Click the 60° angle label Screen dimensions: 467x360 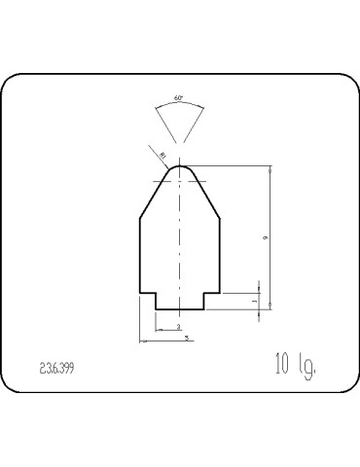tap(179, 98)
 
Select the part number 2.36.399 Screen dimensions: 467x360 tap(58, 370)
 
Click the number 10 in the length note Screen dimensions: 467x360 tap(283, 366)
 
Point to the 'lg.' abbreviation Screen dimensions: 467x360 tap(309, 368)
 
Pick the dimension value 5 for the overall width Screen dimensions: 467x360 tap(186, 337)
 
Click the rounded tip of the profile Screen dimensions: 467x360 tap(180, 165)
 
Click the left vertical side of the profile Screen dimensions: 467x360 tap(140, 255)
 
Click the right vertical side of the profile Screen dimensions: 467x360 tap(220, 255)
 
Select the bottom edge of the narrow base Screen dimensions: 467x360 tap(180, 308)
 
